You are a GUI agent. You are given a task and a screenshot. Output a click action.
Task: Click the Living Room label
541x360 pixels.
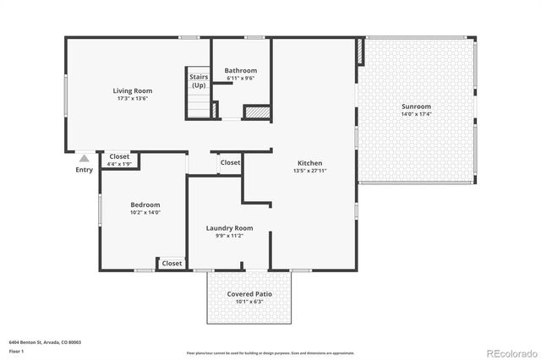click(133, 90)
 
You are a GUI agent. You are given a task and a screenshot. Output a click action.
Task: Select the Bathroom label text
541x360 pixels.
click(241, 70)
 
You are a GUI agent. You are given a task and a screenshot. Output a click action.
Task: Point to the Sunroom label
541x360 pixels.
click(416, 106)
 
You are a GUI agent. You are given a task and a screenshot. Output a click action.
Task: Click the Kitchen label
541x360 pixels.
click(309, 163)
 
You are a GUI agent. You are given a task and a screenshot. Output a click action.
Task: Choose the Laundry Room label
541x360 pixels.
click(229, 228)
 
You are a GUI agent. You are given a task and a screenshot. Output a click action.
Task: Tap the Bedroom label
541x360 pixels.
click(145, 205)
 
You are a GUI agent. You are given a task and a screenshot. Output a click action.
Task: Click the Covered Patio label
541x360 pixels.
click(249, 293)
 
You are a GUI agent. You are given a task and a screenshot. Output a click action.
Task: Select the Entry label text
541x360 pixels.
click(85, 170)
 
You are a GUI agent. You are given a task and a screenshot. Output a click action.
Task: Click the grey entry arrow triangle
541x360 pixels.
click(85, 157)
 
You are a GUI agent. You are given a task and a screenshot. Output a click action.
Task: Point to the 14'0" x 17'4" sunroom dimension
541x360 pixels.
click(416, 115)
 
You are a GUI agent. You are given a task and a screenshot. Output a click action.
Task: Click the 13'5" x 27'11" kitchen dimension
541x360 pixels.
click(309, 171)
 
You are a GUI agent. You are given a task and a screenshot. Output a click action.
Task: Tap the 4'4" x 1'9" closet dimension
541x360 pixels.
click(120, 163)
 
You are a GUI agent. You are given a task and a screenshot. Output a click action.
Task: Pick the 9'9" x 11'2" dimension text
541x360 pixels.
click(229, 236)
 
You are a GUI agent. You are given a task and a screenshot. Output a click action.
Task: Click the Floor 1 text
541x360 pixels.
click(17, 350)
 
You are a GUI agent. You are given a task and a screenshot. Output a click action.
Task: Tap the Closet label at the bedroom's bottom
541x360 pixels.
click(172, 263)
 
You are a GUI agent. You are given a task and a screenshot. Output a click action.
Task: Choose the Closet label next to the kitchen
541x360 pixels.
click(230, 162)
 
